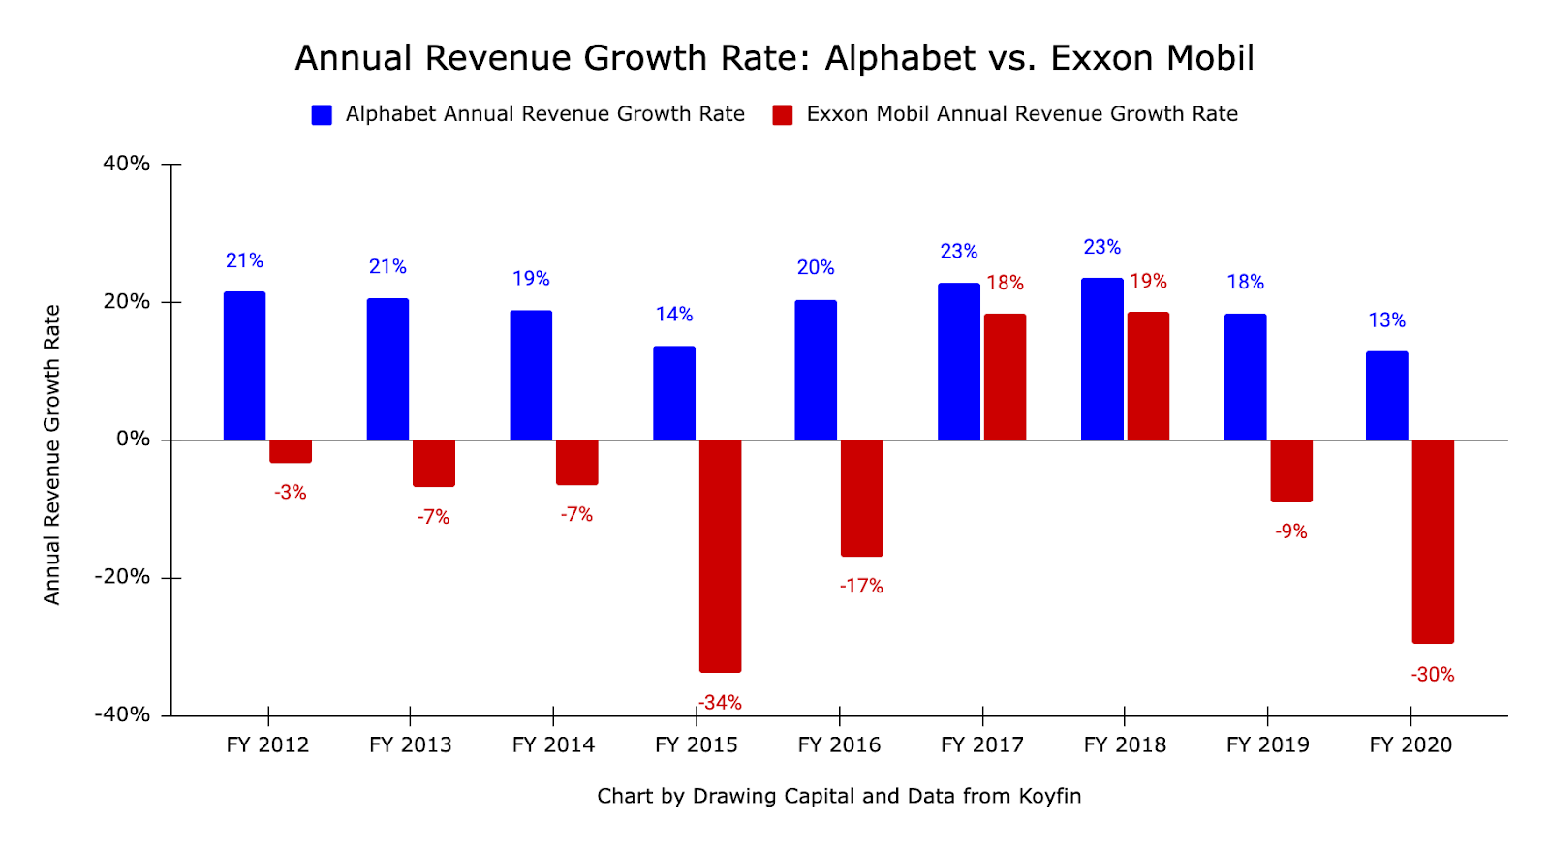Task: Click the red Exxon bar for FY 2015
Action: (720, 556)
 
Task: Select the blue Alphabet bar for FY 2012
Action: (244, 366)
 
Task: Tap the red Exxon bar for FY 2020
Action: (1433, 541)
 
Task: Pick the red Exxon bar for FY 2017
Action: (1005, 377)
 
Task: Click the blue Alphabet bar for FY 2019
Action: (1245, 377)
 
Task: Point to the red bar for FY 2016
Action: (861, 498)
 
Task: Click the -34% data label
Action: (720, 703)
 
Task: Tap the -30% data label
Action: (1433, 675)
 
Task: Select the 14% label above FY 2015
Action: (673, 315)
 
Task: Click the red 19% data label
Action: (1148, 282)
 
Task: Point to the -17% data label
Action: (861, 587)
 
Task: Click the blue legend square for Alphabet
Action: (322, 115)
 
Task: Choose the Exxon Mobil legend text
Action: (1022, 114)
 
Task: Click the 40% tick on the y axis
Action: (127, 164)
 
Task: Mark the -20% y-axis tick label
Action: (123, 577)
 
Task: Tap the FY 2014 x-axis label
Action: (553, 744)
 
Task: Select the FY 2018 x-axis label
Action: (1125, 744)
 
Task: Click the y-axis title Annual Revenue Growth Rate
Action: (52, 455)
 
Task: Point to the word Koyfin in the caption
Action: (1049, 796)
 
